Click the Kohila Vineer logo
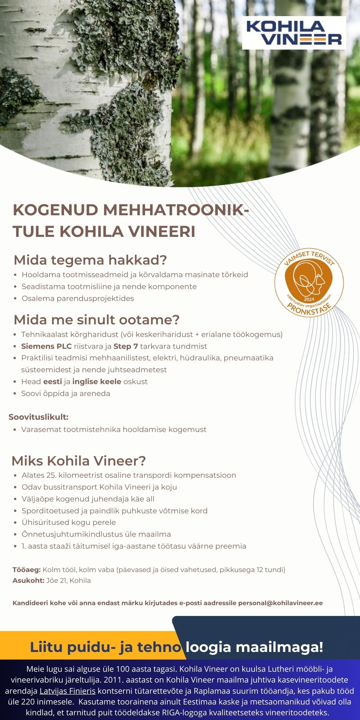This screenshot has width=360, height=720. pyautogui.click(x=294, y=33)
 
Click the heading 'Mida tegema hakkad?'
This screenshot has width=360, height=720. pyautogui.click(x=90, y=260)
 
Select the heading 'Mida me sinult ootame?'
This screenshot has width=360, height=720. pyautogui.click(x=96, y=320)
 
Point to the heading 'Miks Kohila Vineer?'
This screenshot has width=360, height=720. pyautogui.click(x=78, y=461)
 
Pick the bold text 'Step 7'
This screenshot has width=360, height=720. pyautogui.click(x=126, y=346)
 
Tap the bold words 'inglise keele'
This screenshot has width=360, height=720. pyautogui.click(x=96, y=382)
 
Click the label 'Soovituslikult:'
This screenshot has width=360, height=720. pyautogui.click(x=39, y=417)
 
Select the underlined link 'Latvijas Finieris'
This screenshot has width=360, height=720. pyautogui.click(x=67, y=691)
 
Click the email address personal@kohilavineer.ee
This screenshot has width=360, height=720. pyautogui.click(x=280, y=603)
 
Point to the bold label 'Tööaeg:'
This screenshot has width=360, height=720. pyautogui.click(x=27, y=570)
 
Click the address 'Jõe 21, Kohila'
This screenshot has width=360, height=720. pyautogui.click(x=68, y=581)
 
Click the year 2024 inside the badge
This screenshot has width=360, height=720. pyautogui.click(x=309, y=299)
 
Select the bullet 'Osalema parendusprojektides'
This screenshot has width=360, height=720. pyautogui.click(x=78, y=298)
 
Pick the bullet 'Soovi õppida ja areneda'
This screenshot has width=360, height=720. pyautogui.click(x=66, y=393)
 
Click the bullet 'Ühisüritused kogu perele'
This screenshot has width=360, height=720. pyautogui.click(x=68, y=522)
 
